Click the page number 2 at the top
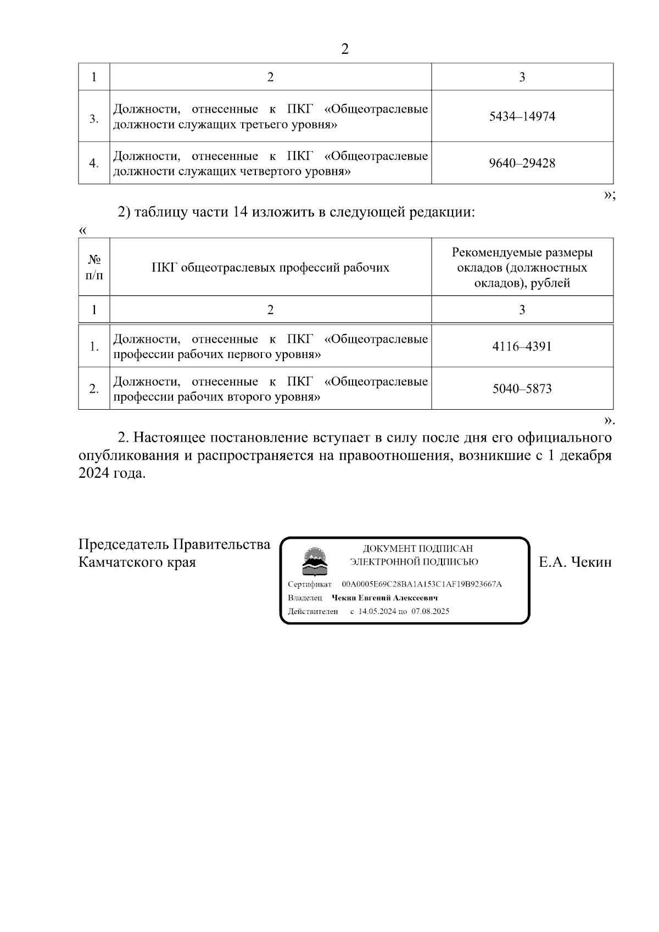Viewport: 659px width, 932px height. pyautogui.click(x=345, y=49)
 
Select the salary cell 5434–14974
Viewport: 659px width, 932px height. pyautogui.click(x=522, y=116)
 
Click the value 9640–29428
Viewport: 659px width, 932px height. pyautogui.click(x=522, y=163)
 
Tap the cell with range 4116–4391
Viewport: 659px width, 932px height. pyautogui.click(x=522, y=347)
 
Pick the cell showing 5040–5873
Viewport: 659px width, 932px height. pyautogui.click(x=522, y=389)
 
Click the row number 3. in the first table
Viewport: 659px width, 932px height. pyautogui.click(x=94, y=119)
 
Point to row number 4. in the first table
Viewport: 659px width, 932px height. pyautogui.click(x=94, y=163)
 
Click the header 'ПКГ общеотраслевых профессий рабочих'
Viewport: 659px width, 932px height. pyautogui.click(x=270, y=267)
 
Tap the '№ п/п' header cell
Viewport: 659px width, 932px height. pyautogui.click(x=94, y=267)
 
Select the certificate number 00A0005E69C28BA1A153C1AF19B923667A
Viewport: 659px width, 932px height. pyautogui.click(x=421, y=584)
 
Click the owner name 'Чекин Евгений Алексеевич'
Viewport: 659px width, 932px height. pyautogui.click(x=384, y=598)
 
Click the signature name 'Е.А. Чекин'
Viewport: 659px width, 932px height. pyautogui.click(x=575, y=562)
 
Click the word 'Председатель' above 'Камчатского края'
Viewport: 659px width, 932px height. pyautogui.click(x=124, y=544)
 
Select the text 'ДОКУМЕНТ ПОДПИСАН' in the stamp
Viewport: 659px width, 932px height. pyautogui.click(x=417, y=549)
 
